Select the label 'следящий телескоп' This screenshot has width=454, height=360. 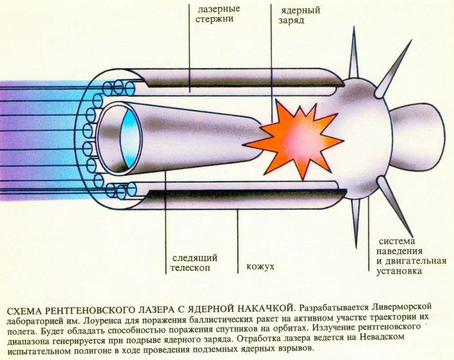coord(194,263)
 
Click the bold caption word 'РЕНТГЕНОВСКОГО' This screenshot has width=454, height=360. coord(84,307)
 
